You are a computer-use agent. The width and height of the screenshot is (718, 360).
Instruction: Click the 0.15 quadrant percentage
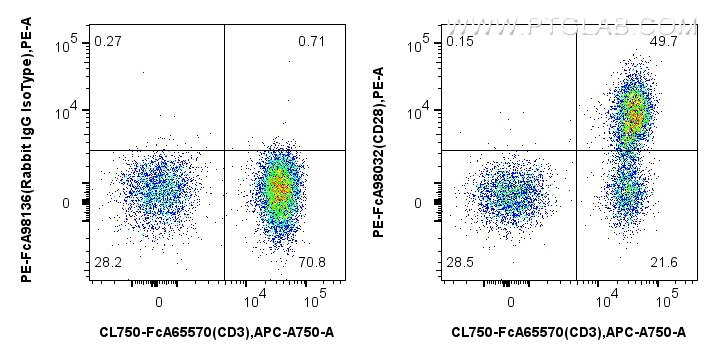coord(459,41)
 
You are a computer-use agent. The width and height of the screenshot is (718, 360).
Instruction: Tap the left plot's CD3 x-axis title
coord(216,332)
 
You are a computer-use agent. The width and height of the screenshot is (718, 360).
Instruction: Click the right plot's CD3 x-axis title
coord(568,332)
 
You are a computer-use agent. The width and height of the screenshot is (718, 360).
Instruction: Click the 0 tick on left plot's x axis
coord(159,301)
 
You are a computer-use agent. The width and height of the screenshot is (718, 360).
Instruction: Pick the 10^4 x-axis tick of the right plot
coord(606,299)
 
